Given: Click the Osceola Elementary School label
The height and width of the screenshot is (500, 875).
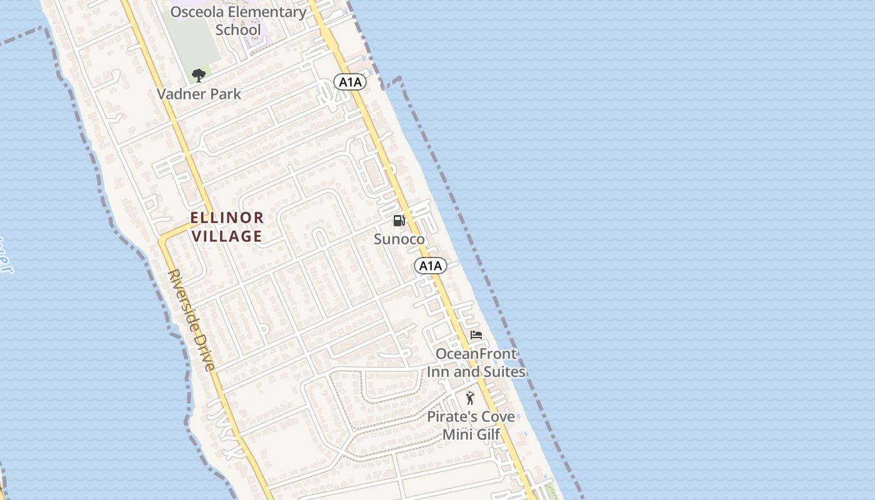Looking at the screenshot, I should point(238,21).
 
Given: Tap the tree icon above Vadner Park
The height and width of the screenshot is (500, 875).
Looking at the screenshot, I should point(199,76).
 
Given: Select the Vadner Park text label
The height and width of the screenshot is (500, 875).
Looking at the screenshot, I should point(199,94).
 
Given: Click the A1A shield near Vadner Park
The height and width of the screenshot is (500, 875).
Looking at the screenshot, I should point(349,82).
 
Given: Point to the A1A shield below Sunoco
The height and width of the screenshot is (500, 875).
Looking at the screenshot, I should point(430,266).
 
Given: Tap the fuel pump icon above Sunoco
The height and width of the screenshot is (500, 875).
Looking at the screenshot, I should point(399,221).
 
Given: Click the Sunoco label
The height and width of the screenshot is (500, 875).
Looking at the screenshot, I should point(399,239).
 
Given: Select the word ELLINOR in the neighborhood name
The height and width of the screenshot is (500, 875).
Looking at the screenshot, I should point(227,218).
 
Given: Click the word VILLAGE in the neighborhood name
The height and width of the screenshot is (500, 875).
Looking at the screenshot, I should point(227,236).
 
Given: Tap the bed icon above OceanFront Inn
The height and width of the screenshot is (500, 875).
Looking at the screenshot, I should point(476,336).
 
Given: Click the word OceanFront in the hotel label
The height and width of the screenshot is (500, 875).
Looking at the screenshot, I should point(476,354).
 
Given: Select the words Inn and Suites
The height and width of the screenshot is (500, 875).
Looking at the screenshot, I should point(476,372).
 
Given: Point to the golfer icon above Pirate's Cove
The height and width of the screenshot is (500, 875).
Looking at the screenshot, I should point(470,398).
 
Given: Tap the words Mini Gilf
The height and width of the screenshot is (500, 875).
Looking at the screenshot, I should point(472,434).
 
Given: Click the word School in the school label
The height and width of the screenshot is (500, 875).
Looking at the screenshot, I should point(238,30).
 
